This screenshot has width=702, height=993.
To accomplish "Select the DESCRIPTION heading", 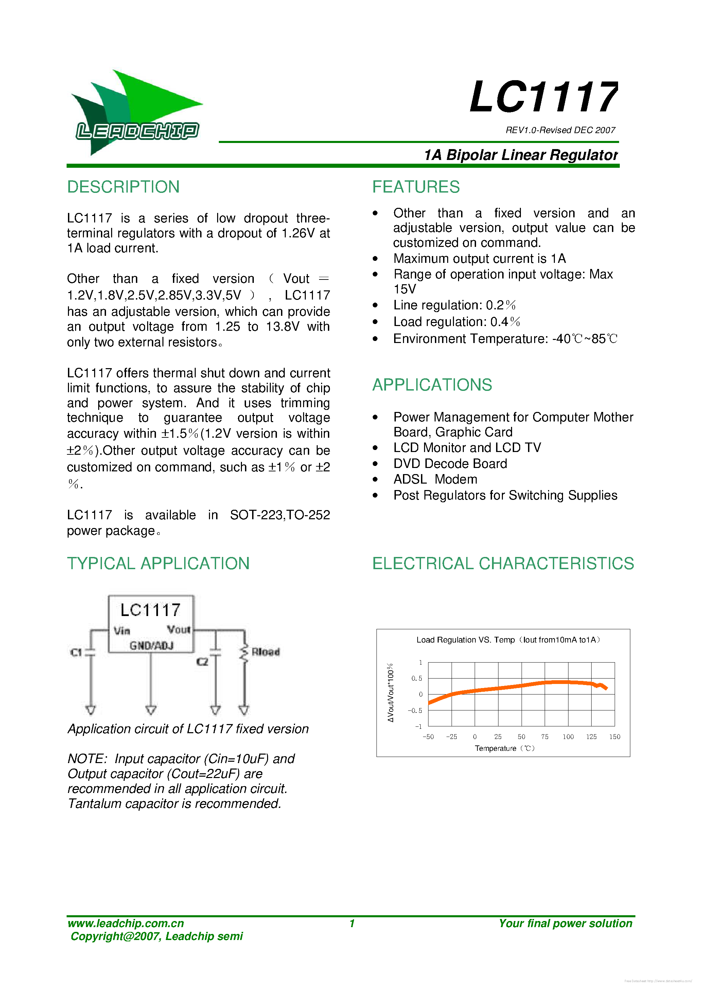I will coord(123,187).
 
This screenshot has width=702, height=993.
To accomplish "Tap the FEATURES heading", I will coord(416,187).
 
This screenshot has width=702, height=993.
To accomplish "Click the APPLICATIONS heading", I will coord(432,384).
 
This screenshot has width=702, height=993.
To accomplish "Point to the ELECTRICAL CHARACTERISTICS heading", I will coord(503,563).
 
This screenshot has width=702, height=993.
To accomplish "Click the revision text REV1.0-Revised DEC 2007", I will coord(560,130).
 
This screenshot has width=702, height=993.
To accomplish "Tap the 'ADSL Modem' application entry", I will coord(435,479).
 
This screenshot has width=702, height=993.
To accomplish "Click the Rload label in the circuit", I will coord(265,652).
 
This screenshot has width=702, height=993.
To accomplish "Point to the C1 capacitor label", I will coord(76,652).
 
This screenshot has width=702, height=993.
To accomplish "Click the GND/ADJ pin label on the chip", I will coord(151,646).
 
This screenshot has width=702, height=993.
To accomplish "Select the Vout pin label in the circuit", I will coord(178,630).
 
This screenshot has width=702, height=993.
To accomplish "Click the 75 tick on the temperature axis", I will coord(544,737).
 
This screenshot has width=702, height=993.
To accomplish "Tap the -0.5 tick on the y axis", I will coord(415,710).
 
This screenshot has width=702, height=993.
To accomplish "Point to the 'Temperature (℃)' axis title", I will coord(504,748).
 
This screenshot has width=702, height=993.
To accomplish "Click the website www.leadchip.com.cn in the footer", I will coord(125,923).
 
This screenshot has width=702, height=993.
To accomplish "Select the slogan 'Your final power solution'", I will coord(565,923).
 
